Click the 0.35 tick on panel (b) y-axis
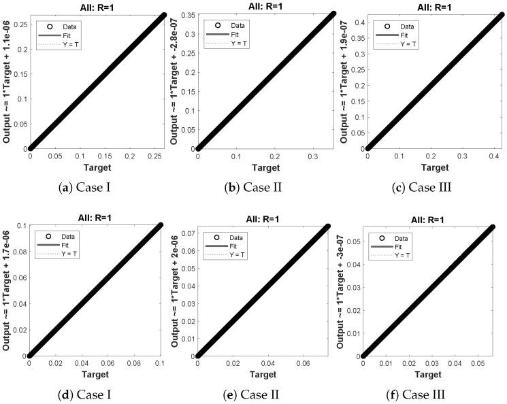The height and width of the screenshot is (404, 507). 185,14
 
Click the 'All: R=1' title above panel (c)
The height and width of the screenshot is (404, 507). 434,5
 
